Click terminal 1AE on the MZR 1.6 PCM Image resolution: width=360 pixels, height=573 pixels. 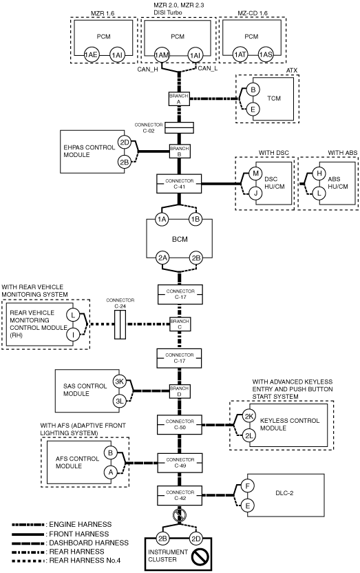point(91,54)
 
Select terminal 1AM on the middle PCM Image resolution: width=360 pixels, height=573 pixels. point(162,55)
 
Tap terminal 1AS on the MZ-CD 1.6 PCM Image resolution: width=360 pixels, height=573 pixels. point(266,54)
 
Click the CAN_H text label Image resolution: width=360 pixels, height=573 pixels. point(147,69)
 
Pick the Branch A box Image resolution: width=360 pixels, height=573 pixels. point(179,98)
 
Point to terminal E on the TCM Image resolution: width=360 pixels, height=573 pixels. point(253,109)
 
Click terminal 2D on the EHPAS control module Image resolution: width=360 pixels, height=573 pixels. point(125,142)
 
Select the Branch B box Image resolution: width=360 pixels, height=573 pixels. point(179,152)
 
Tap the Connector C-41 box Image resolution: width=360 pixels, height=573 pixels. point(179,184)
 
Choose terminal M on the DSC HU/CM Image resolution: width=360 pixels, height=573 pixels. point(255,174)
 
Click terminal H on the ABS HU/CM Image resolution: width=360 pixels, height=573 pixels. point(319,174)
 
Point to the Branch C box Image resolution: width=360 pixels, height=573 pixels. point(180,324)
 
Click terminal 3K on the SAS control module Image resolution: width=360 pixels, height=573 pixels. point(120,382)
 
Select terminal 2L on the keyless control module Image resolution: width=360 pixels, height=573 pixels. point(249,435)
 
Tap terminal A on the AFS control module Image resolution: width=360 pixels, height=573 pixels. point(110,472)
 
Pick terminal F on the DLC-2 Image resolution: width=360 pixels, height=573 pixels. point(248,486)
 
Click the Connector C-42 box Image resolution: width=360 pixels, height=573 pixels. point(180,496)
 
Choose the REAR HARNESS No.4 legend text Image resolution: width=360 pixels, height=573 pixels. point(85,560)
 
